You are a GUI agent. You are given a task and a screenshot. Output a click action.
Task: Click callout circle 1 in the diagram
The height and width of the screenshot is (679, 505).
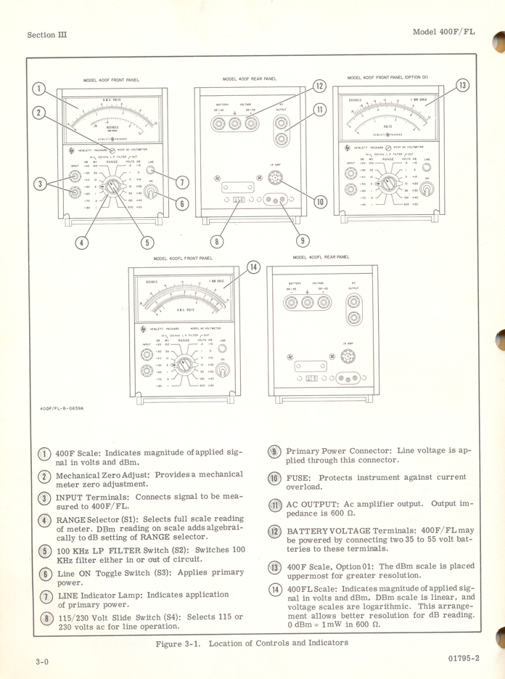click(40, 90)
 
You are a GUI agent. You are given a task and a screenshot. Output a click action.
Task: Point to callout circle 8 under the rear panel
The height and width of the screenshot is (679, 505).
click(215, 241)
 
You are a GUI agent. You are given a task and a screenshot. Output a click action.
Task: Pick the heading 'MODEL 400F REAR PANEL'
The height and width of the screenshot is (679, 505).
click(249, 78)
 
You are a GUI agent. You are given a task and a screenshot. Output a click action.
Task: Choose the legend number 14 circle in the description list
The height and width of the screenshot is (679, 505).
click(276, 589)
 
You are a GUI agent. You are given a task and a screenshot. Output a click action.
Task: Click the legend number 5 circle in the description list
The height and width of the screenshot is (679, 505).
click(44, 550)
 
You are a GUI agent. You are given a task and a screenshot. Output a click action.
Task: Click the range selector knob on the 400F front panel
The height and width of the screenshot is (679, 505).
click(112, 187)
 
